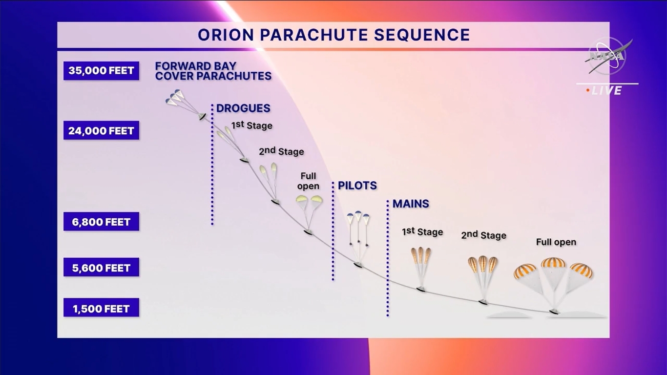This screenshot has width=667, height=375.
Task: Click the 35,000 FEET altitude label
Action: (101, 71)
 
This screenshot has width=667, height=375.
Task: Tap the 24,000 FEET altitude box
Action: (101, 130)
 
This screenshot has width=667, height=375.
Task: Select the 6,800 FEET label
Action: (101, 222)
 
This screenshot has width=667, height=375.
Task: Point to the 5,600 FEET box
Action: (101, 268)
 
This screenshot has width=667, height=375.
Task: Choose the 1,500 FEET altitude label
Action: (101, 308)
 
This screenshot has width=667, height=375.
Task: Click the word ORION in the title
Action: (226, 35)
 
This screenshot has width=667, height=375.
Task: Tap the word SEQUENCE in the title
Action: (422, 35)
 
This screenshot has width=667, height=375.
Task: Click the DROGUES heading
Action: (243, 108)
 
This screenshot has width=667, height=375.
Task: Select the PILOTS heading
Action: (357, 186)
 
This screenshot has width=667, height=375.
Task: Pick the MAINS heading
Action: (411, 204)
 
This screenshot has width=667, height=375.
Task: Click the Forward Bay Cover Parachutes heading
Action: (213, 71)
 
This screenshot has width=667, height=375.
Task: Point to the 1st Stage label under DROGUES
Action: (252, 125)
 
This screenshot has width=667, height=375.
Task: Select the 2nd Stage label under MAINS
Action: (483, 235)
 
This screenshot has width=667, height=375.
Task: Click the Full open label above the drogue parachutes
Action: (308, 181)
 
